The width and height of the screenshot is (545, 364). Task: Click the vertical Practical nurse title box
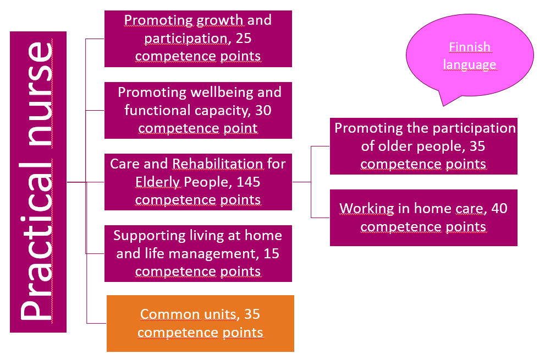pos(38,182)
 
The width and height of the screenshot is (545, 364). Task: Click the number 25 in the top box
pos(243,39)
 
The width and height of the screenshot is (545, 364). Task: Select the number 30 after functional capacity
pos(263,110)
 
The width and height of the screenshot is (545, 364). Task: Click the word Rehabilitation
pos(218,164)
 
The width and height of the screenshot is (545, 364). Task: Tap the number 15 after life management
pos(271,254)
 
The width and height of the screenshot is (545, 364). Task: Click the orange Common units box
pos(200,324)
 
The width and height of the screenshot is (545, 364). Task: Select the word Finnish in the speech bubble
pos(470,47)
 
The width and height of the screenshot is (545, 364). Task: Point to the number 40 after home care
pos(499,209)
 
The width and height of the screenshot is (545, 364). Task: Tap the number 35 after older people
pos(477,146)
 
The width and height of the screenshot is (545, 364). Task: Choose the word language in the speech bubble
pos(470,65)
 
